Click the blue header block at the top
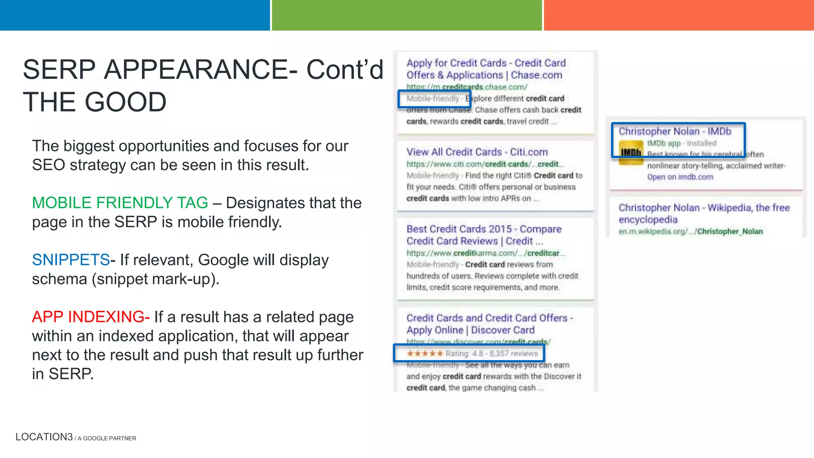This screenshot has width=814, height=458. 135,15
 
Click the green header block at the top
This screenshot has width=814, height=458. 407,15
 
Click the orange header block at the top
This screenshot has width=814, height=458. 678,15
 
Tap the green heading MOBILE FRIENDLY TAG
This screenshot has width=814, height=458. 120,203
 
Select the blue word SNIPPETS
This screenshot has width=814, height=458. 71,260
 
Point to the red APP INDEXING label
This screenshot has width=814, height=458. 91,317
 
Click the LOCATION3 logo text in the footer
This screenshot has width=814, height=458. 44,437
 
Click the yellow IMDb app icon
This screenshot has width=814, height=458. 631,152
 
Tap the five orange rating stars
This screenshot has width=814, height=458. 424,353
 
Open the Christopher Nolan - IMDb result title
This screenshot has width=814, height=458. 674,131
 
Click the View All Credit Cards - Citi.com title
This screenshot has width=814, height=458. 477,152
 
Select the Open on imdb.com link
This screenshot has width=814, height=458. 680,177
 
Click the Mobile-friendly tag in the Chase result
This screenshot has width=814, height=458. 432,99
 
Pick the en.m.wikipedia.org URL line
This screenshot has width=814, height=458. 690,231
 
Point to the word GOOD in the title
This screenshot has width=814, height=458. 125,102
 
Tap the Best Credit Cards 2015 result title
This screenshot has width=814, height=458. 483,235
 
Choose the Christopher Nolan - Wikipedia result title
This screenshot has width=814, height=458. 704,213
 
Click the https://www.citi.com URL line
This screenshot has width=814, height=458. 485,164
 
